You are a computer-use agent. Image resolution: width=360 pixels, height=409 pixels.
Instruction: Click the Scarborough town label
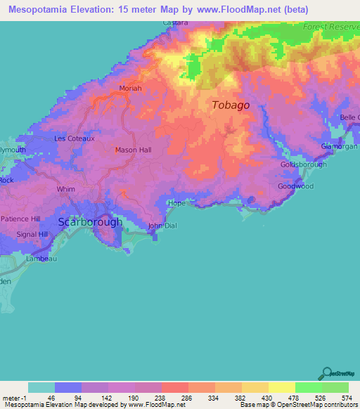[x=90, y=221]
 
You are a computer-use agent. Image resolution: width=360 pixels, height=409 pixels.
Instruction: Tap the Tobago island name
[x=230, y=105]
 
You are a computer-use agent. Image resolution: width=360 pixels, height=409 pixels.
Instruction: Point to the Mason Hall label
[x=133, y=150]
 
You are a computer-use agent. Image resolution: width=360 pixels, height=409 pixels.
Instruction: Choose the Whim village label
[x=65, y=188]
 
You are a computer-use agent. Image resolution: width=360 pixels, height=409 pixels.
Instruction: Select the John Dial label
[x=161, y=226]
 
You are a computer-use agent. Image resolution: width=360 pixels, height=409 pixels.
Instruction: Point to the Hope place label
[x=176, y=203]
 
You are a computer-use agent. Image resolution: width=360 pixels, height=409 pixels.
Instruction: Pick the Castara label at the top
[x=175, y=23]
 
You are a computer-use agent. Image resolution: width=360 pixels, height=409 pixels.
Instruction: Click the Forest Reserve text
[x=330, y=27]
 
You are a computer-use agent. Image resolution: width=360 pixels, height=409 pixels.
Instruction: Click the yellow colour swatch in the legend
[x=281, y=387]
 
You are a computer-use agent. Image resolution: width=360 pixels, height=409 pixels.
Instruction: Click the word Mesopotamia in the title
[x=41, y=9]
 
